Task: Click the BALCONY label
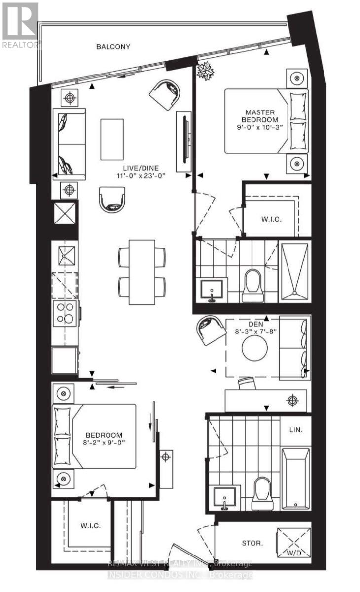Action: [113, 47]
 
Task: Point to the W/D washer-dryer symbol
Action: [294, 542]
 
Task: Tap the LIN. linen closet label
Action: [295, 430]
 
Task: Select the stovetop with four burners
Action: [65, 312]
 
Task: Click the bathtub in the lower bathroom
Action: [296, 479]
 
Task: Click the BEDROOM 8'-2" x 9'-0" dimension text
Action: [104, 443]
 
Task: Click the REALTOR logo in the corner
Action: [20, 25]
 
